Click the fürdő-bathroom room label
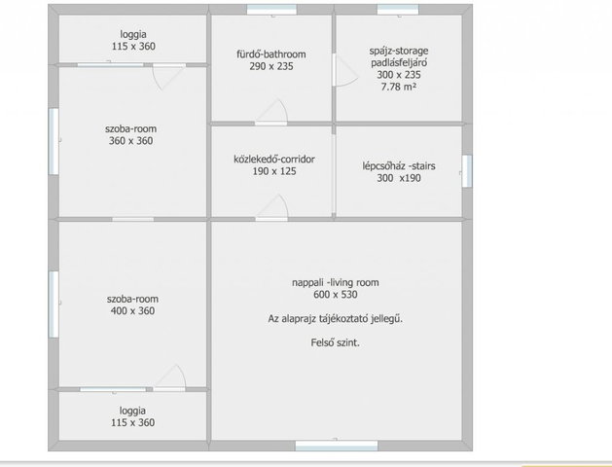[271, 54]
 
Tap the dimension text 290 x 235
[271, 66]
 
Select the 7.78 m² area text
[399, 87]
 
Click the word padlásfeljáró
[399, 62]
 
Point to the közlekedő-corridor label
[274, 160]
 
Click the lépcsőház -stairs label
[399, 166]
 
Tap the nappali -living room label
[336, 282]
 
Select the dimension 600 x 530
[336, 295]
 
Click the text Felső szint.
[336, 342]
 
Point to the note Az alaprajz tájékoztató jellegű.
[336, 319]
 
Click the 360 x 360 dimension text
[130, 141]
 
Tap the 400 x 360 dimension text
[132, 311]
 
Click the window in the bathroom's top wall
[271, 10]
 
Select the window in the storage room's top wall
[398, 10]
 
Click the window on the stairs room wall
[467, 171]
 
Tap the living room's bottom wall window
[337, 446]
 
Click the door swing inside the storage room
[345, 71]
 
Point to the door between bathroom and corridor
[271, 112]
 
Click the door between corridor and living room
[272, 208]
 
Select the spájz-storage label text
[399, 51]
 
